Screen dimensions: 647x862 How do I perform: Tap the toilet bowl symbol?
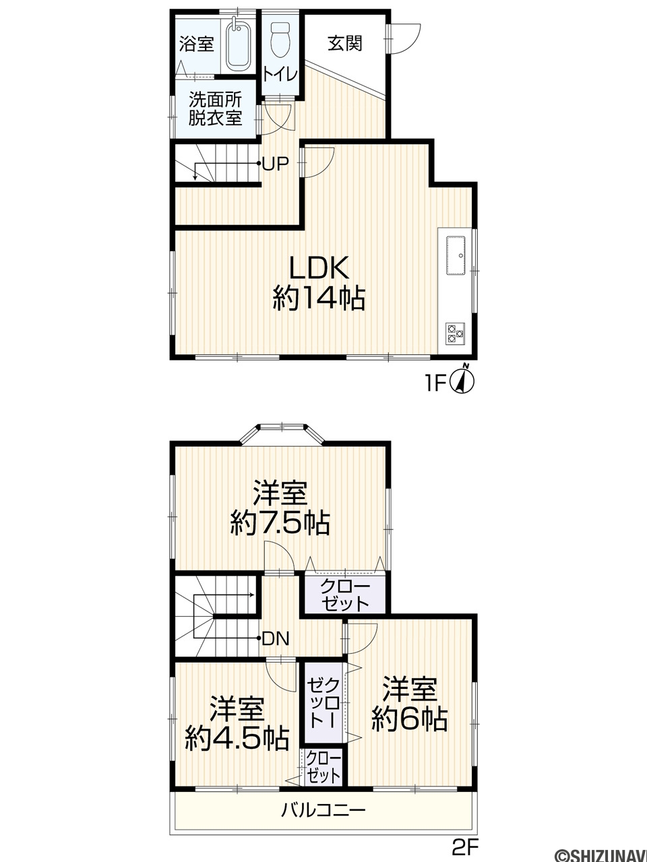tap(280, 40)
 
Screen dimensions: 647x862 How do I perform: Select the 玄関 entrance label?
tap(345, 44)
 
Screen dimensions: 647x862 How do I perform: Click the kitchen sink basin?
tap(456, 255)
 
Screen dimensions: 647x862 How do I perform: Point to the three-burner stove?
tap(456, 333)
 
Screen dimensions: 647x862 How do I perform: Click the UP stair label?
tap(276, 164)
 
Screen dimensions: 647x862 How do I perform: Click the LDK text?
tap(319, 268)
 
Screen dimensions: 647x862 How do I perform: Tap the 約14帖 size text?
tap(319, 298)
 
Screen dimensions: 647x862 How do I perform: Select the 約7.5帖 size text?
tap(280, 523)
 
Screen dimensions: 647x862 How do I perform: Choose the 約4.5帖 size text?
tap(237, 739)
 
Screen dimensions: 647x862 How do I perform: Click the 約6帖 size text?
tap(410, 719)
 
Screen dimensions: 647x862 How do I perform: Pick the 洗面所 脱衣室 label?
tap(215, 109)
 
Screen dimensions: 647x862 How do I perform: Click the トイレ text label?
tap(280, 75)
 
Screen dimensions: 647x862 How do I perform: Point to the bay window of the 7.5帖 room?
tap(282, 434)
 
